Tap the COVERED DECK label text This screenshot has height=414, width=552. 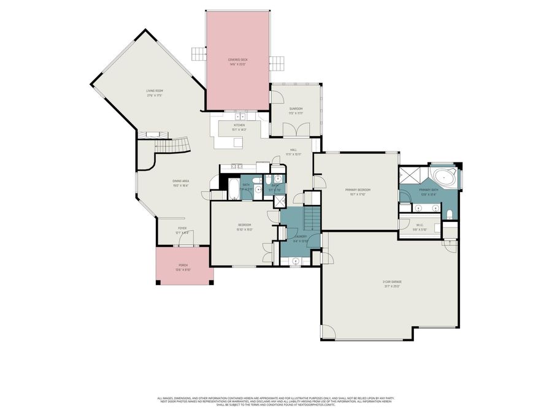(x=238, y=59)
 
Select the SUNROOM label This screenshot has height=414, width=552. (x=296, y=109)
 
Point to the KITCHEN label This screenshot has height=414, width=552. (x=238, y=125)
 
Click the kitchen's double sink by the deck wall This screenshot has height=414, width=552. (x=239, y=115)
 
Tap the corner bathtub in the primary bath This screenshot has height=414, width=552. (x=443, y=178)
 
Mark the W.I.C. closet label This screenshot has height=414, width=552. (x=420, y=224)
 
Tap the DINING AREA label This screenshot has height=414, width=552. (x=180, y=181)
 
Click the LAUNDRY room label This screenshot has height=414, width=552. (x=301, y=236)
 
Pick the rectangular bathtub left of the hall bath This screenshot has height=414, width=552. (x=234, y=189)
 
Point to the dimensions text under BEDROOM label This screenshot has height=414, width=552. (x=245, y=229)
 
